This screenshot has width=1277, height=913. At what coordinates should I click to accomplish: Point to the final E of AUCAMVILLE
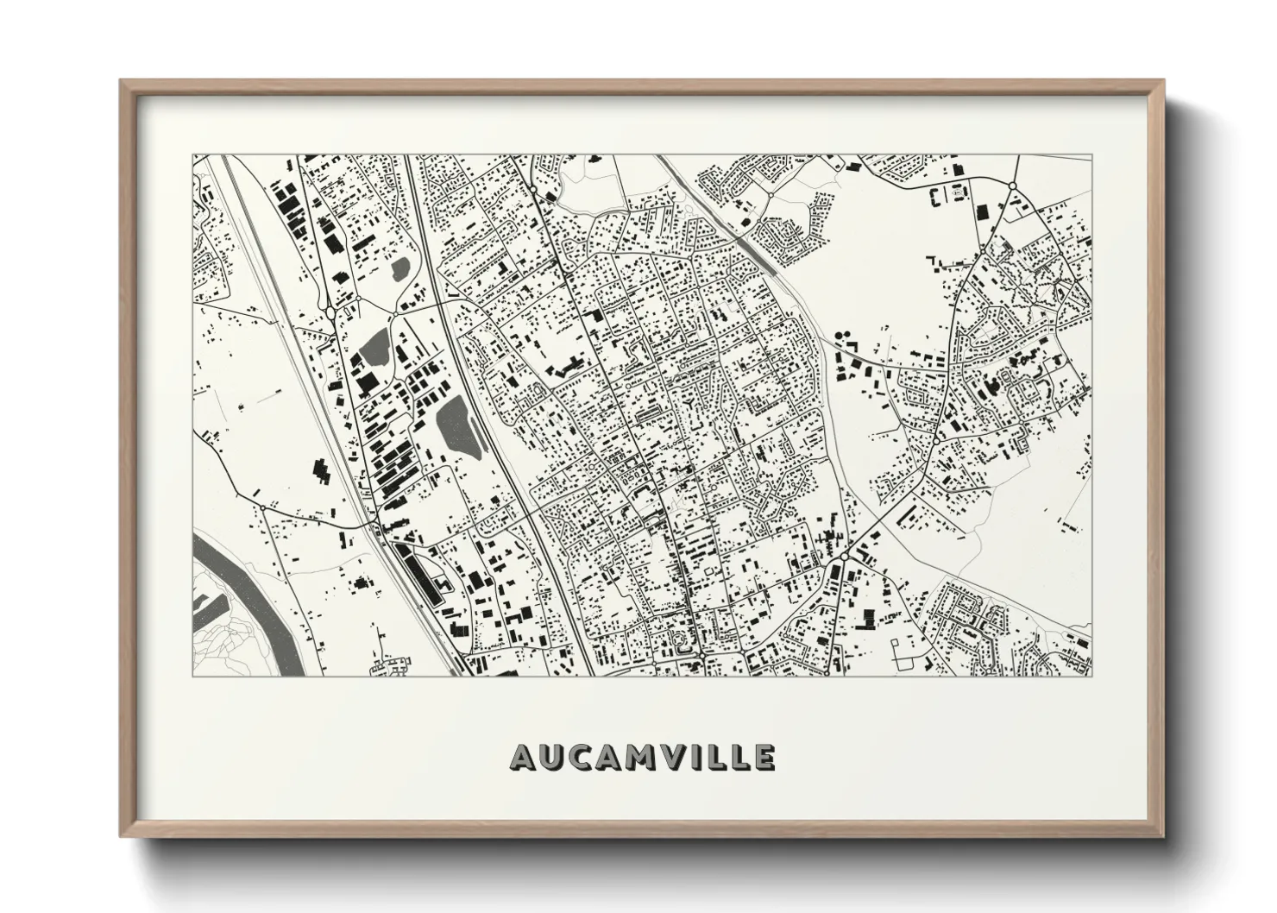tap(763, 758)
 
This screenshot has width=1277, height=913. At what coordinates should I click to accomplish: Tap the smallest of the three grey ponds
tap(400, 270)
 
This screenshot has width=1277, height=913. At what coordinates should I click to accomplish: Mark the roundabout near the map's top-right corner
tap(1011, 186)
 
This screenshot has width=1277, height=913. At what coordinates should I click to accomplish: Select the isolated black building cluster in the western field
tap(321, 470)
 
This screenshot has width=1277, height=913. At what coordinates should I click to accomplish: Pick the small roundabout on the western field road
tap(257, 493)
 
